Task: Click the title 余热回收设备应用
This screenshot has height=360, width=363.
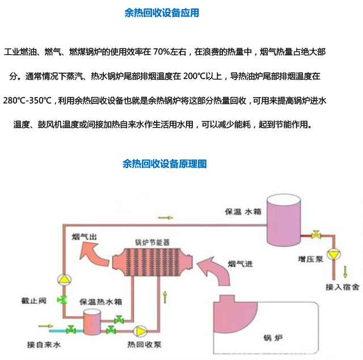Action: click(162, 12)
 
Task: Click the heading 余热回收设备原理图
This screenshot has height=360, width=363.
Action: click(164, 164)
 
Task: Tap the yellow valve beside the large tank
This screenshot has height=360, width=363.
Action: click(318, 234)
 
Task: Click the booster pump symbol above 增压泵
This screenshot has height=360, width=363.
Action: click(333, 253)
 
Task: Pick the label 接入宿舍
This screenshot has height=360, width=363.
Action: click(342, 287)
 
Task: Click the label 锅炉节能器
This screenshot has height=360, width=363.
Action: click(152, 241)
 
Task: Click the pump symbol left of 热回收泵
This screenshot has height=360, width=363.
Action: click(139, 330)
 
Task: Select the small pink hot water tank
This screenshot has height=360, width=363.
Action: click(91, 324)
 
